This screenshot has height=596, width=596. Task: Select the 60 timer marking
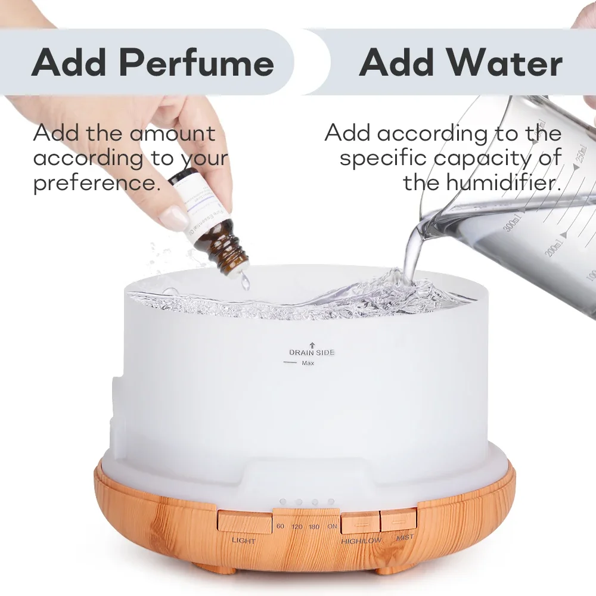tap(281, 526)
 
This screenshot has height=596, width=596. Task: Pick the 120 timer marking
tap(297, 527)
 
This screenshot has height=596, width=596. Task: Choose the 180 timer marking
tap(314, 527)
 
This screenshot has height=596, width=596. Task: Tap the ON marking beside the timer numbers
tap(332, 526)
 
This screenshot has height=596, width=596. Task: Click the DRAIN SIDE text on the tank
tap(312, 352)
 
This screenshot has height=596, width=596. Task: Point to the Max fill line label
tap(308, 363)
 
